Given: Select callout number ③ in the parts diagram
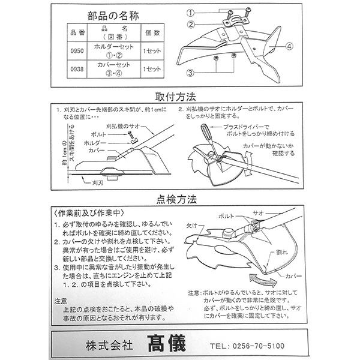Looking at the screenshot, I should pos(191,72).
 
